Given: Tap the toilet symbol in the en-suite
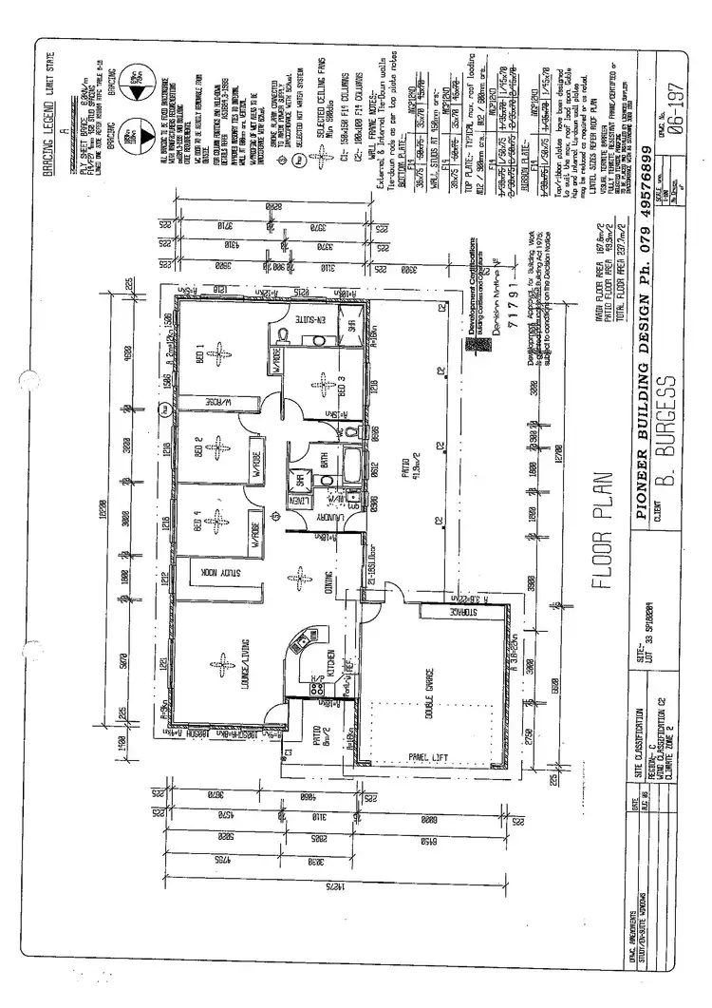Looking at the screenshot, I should pyautogui.click(x=285, y=333).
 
